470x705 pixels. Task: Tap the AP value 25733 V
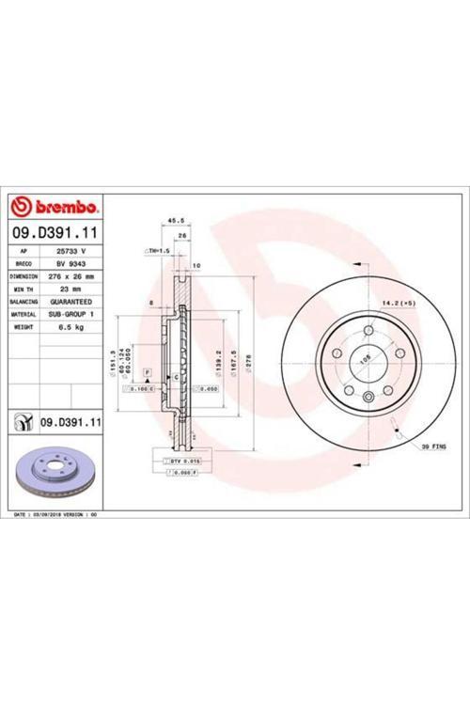tap(72, 252)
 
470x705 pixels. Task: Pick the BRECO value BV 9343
tap(72, 265)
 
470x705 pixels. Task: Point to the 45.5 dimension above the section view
tap(174, 223)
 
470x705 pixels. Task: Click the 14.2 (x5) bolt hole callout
tap(399, 302)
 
